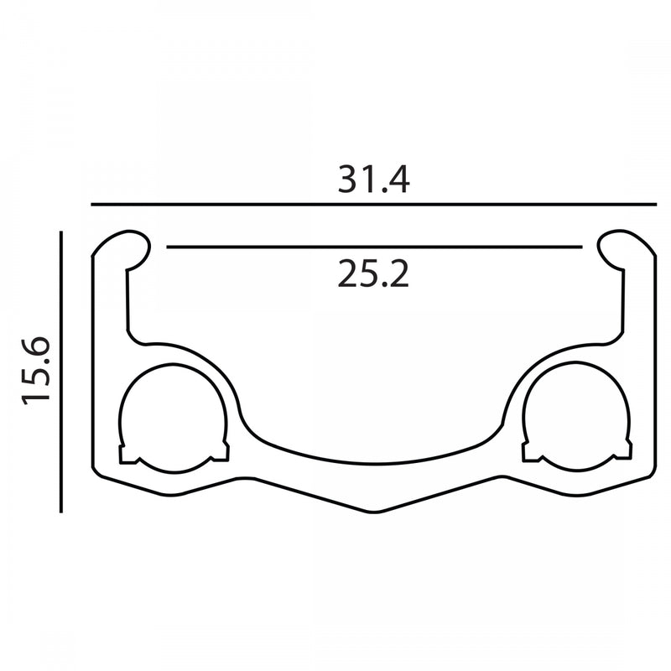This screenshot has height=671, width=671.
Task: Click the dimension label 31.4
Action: pos(373,179)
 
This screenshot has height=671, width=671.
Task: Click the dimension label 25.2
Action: pos(373,274)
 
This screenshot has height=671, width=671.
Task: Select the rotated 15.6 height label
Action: pos(36,371)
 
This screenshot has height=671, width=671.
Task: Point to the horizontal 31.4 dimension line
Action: pos(373,205)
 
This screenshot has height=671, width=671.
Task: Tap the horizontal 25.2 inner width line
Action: pos(374,247)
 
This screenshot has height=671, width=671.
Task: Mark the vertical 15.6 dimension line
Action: pos(61,372)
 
